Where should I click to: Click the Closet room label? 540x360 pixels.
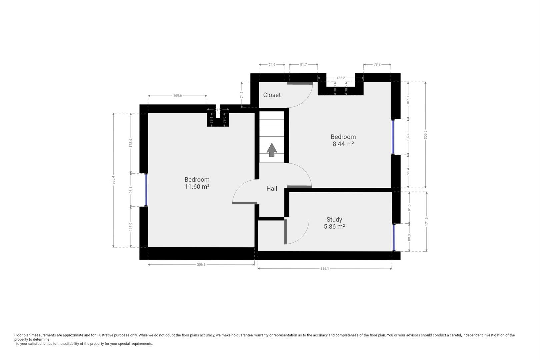point(272,95)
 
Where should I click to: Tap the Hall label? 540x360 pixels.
point(272,189)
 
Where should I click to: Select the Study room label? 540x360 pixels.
point(334,219)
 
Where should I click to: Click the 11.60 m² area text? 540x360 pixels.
point(197,187)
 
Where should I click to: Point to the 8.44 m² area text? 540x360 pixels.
point(343,144)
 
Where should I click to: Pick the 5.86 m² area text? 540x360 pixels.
point(334,227)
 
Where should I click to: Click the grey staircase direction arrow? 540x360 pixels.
point(272,150)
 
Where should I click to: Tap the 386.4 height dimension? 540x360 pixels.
point(113,180)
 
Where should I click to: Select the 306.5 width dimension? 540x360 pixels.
point(201,265)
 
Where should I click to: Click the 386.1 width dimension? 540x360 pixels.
point(324,269)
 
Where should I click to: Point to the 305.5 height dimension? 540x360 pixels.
point(425,135)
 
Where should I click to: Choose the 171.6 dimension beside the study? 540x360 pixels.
point(427,221)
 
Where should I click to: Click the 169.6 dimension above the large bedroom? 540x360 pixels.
point(177,96)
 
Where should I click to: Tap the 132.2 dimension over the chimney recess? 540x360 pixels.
point(340,78)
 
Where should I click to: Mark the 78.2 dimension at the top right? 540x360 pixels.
point(377,64)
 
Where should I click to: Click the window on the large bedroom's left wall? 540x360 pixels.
point(146,190)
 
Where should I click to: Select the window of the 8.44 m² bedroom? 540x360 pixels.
point(393,137)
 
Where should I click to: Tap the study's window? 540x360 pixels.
point(394,237)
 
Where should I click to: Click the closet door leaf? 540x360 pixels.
point(300,83)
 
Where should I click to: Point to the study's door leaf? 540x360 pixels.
point(286,232)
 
